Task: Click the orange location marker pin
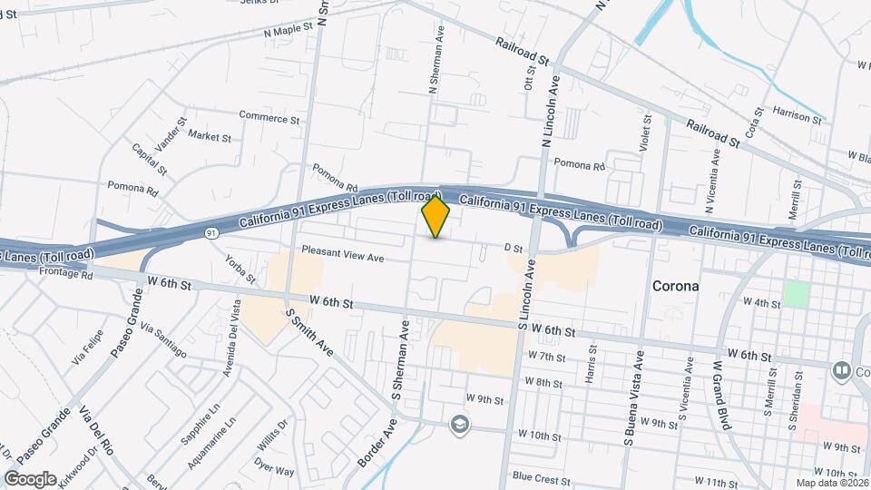click(x=436, y=217)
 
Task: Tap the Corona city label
click(x=676, y=286)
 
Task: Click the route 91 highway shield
click(x=211, y=233)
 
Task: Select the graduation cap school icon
click(x=460, y=424)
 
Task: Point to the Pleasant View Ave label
click(x=343, y=258)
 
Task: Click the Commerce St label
click(x=269, y=118)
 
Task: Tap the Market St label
click(x=210, y=136)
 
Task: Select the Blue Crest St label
click(x=540, y=477)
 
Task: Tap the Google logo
click(x=31, y=478)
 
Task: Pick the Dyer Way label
click(x=274, y=471)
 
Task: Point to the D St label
click(x=514, y=247)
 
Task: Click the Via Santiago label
click(x=163, y=340)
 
